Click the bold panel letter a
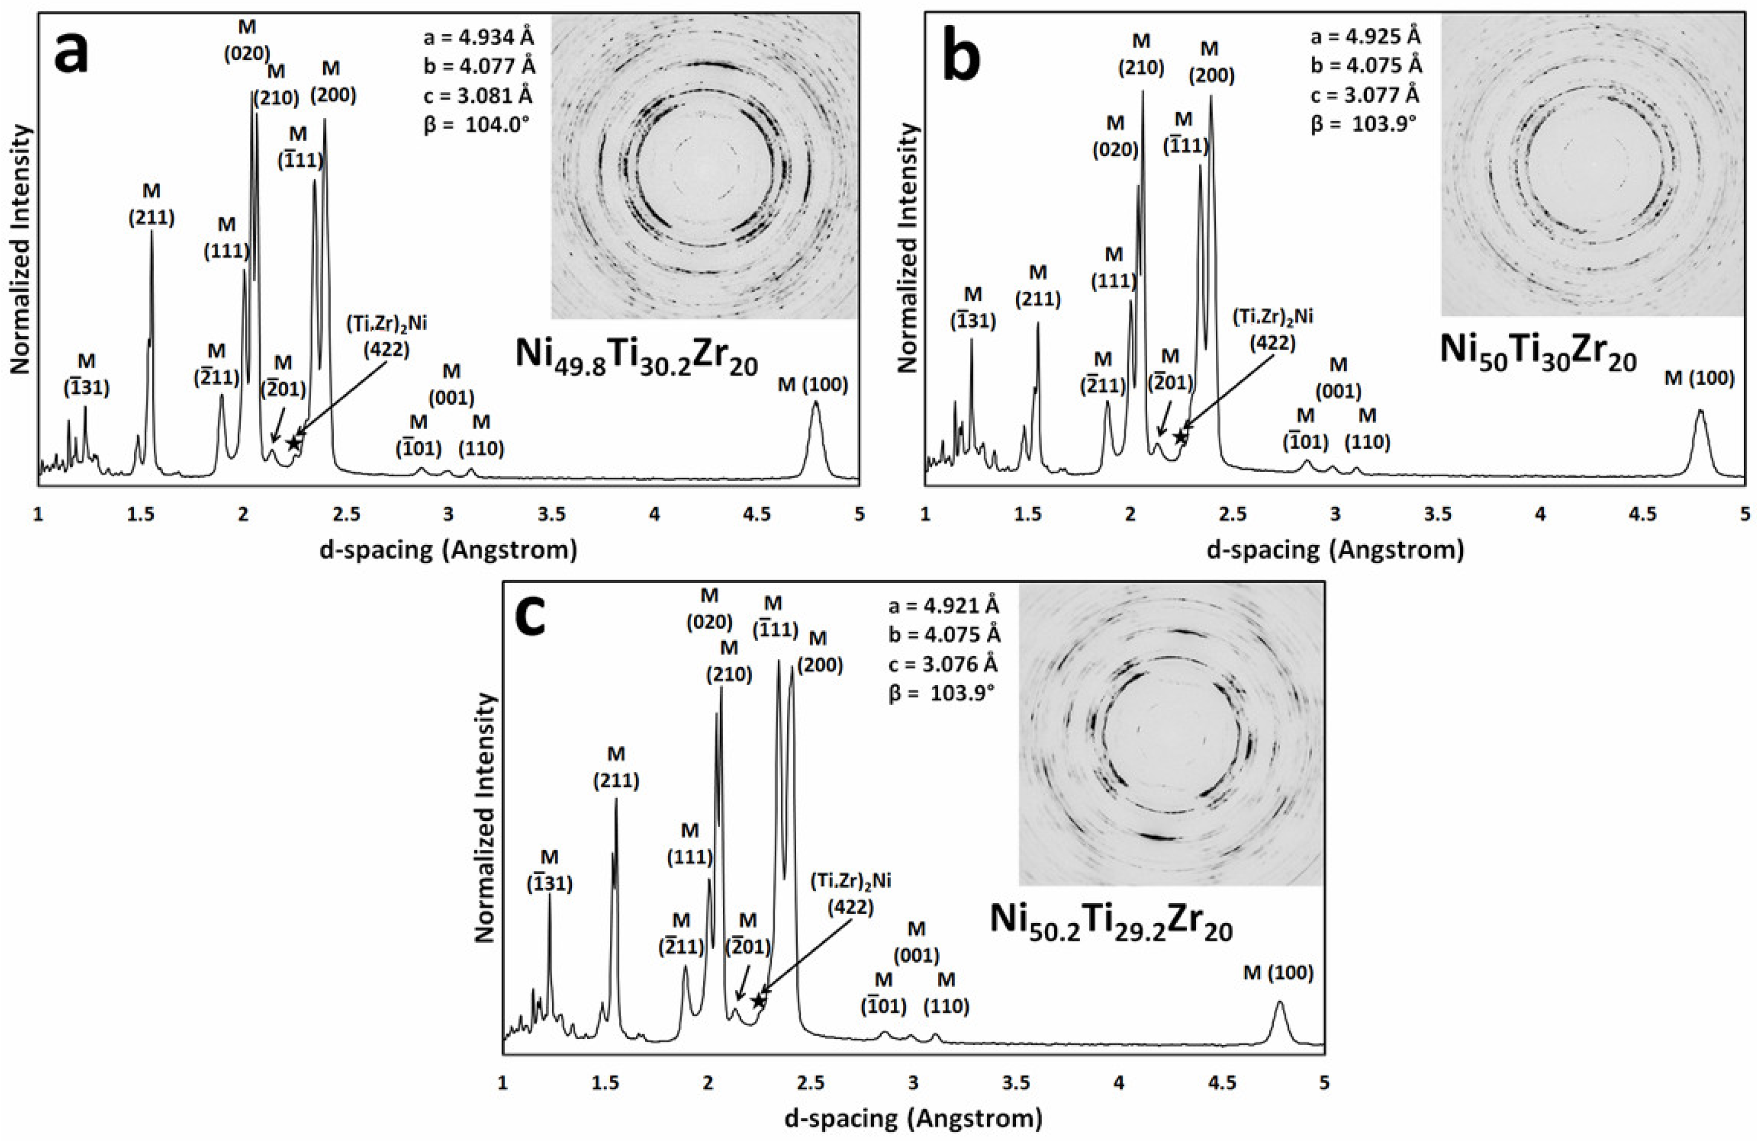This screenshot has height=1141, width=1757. [x=72, y=53]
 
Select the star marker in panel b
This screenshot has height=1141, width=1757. [x=1181, y=437]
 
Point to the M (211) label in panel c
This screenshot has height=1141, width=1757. [x=616, y=767]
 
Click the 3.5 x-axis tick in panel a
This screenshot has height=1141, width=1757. [x=551, y=514]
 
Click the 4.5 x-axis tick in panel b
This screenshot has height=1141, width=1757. [x=1642, y=514]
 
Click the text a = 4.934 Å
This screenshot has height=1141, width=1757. [x=478, y=37]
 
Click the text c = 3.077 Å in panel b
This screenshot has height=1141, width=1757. [x=1366, y=95]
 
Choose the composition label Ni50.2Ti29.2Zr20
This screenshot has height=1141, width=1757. [x=1111, y=922]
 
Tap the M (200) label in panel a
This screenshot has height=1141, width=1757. [x=332, y=82]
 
